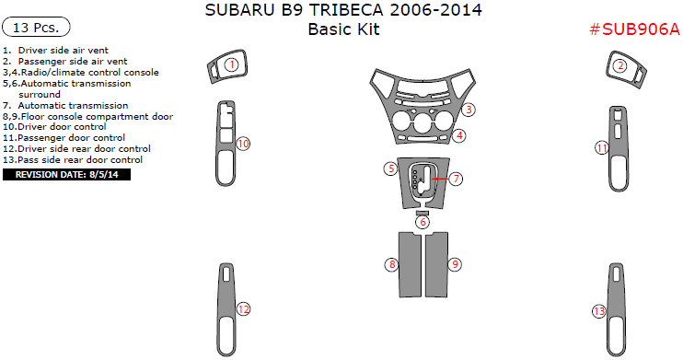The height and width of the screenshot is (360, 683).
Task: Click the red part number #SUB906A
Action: [634, 29]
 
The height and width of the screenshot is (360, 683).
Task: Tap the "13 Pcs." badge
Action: [36, 28]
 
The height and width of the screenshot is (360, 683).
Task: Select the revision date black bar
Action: [66, 175]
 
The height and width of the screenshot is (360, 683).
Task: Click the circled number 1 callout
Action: [232, 65]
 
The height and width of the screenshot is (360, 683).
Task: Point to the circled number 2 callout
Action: [619, 65]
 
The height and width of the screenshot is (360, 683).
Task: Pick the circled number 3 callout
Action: [469, 110]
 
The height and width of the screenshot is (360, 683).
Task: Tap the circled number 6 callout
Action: [423, 222]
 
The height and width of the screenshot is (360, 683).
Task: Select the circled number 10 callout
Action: [243, 144]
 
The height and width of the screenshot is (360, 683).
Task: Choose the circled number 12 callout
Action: [243, 309]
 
